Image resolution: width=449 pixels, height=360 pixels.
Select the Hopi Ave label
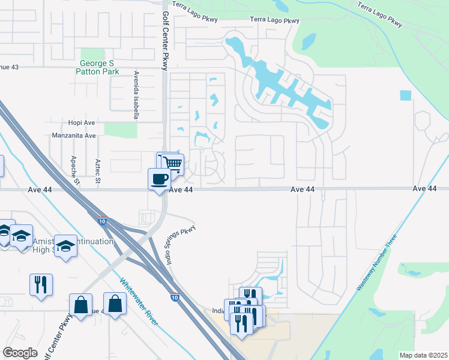coord(82,122)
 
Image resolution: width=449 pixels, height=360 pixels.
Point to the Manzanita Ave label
coord(74,136)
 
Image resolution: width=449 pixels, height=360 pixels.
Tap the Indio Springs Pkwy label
coord(179,238)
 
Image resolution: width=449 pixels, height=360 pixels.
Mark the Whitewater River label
coord(139,302)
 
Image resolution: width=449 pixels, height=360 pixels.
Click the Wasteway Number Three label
coord(376,263)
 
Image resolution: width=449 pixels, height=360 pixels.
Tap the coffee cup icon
coord(159,179)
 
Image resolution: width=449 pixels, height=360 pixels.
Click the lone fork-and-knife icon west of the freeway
coord(41,284)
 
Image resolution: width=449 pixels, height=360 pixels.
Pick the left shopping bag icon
coord(80,304)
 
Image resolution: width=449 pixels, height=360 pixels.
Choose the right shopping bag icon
coord(114,303)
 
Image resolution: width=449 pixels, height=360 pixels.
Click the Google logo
coord(20,353)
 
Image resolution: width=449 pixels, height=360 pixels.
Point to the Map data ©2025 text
coord(423,355)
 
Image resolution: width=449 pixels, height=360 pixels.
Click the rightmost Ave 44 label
coord(424,188)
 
